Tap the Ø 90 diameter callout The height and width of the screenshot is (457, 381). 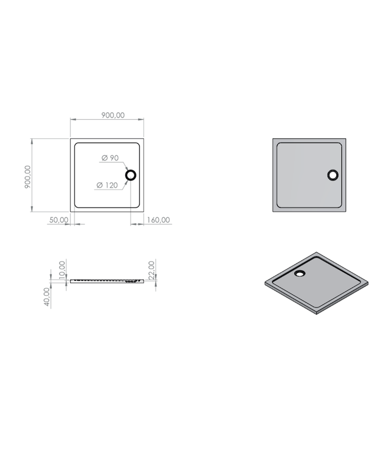pos(110,158)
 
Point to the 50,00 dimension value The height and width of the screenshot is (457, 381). pos(58,220)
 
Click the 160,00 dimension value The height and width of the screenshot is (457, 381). pos(158,220)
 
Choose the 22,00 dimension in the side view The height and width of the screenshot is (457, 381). pos(151,269)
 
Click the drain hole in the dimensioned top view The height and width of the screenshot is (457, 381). pos(131,175)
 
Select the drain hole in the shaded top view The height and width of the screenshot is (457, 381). pos(333,175)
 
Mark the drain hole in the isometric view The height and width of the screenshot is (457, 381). pos(301,273)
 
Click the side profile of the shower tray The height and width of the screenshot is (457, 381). pos(107,281)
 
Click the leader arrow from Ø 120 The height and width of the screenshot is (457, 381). pos(124,181)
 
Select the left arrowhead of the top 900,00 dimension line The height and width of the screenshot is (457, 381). pos(72,120)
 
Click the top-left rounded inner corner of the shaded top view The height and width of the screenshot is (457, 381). pos(279,145)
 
